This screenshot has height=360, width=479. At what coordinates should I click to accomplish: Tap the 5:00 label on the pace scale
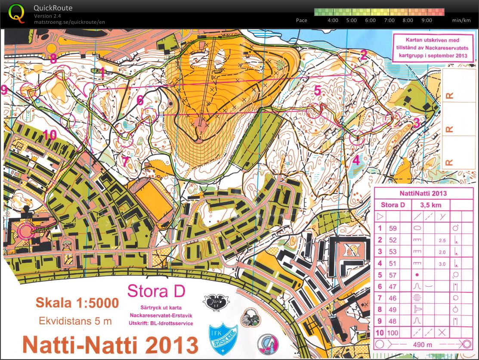tap(352, 20)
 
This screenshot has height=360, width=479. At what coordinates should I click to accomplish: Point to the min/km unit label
tap(461, 20)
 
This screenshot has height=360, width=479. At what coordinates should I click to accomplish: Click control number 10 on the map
tap(49, 135)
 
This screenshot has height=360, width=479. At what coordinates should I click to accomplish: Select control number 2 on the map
tap(364, 55)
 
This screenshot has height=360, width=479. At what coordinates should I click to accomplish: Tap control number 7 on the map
tap(125, 161)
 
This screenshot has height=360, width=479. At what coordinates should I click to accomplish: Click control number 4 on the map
tap(356, 160)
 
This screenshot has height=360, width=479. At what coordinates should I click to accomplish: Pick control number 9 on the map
tap(4, 90)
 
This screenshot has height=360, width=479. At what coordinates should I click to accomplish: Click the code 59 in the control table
tap(392, 228)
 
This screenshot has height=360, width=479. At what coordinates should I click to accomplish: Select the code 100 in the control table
tap(392, 332)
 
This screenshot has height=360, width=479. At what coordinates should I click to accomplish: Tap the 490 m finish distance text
tap(423, 344)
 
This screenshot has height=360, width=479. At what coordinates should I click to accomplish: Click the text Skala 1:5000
tap(77, 303)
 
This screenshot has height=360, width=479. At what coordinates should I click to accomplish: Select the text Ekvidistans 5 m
tap(75, 321)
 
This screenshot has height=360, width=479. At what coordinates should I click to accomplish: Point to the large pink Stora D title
tap(156, 292)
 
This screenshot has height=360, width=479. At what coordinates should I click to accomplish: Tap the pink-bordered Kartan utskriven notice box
tap(433, 48)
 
